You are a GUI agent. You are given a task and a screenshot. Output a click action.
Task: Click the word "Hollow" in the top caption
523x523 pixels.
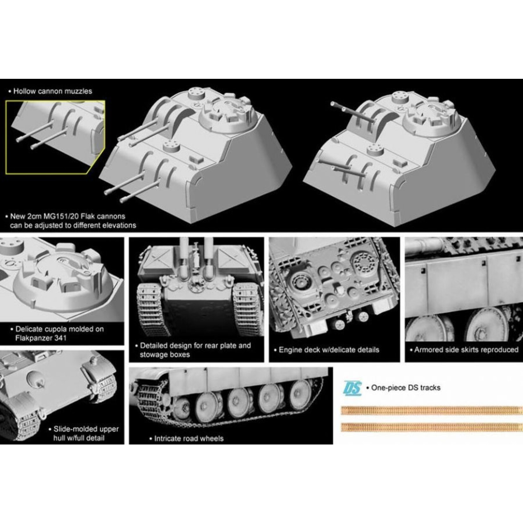point(25,91)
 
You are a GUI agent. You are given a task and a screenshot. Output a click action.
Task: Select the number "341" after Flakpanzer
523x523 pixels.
point(60,338)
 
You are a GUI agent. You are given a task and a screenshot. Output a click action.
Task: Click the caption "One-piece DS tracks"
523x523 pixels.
point(406,388)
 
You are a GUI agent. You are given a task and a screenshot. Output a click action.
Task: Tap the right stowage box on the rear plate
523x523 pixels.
point(231,259)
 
